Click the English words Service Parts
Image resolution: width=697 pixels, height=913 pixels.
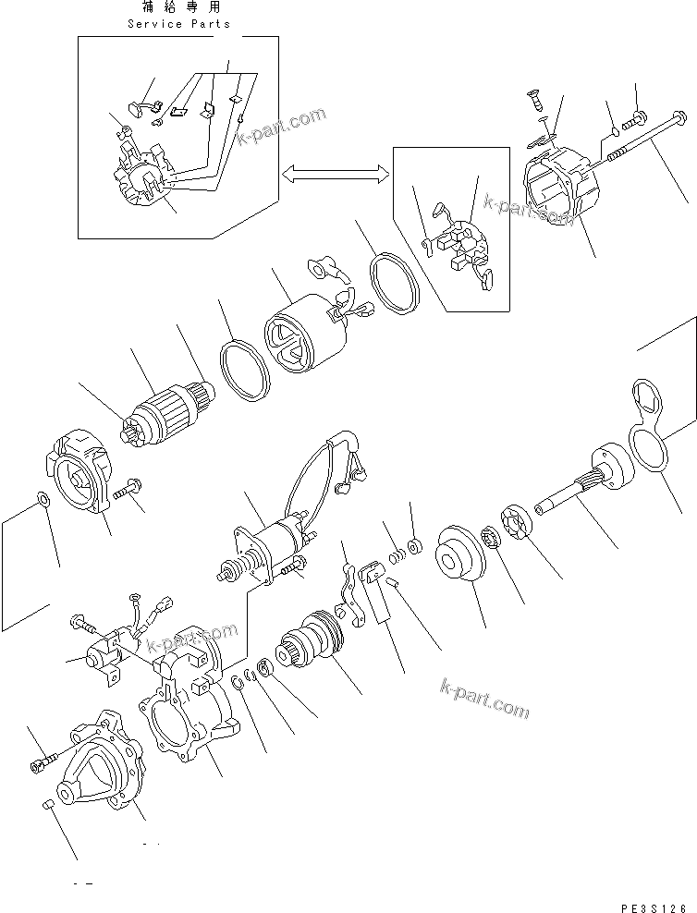pyautogui.click(x=178, y=23)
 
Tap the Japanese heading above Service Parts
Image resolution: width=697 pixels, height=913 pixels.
pyautogui.click(x=179, y=7)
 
